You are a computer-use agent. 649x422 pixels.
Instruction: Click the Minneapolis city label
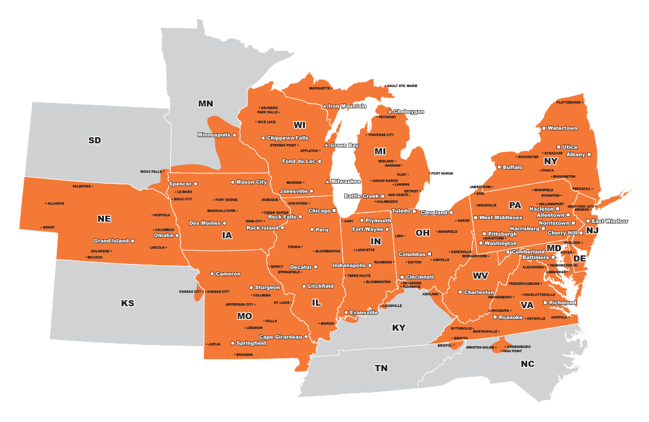click(214, 135)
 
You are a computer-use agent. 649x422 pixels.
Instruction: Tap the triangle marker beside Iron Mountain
click(325, 107)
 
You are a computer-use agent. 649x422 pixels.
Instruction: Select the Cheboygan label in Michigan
click(408, 111)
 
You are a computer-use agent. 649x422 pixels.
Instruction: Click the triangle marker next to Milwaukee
click(327, 181)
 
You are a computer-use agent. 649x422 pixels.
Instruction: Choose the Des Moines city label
click(204, 223)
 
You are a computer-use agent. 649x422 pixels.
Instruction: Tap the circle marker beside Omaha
click(178, 235)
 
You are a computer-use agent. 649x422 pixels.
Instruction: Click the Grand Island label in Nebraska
click(111, 241)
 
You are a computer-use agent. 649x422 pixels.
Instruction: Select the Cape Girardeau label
click(280, 337)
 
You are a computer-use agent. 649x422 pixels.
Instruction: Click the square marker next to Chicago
click(334, 211)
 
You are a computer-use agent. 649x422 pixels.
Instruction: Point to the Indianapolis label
click(349, 266)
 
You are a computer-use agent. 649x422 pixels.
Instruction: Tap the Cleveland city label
click(433, 213)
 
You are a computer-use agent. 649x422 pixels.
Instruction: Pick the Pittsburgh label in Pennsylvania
click(502, 234)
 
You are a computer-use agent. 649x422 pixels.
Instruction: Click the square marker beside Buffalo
click(499, 167)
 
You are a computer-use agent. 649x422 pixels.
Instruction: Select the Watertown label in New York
click(562, 128)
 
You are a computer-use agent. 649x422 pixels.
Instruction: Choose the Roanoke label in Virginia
click(511, 317)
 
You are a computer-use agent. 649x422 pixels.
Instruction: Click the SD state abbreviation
click(94, 140)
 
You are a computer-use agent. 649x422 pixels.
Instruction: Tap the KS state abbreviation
click(127, 303)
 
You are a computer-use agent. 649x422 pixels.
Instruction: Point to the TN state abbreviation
click(381, 368)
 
